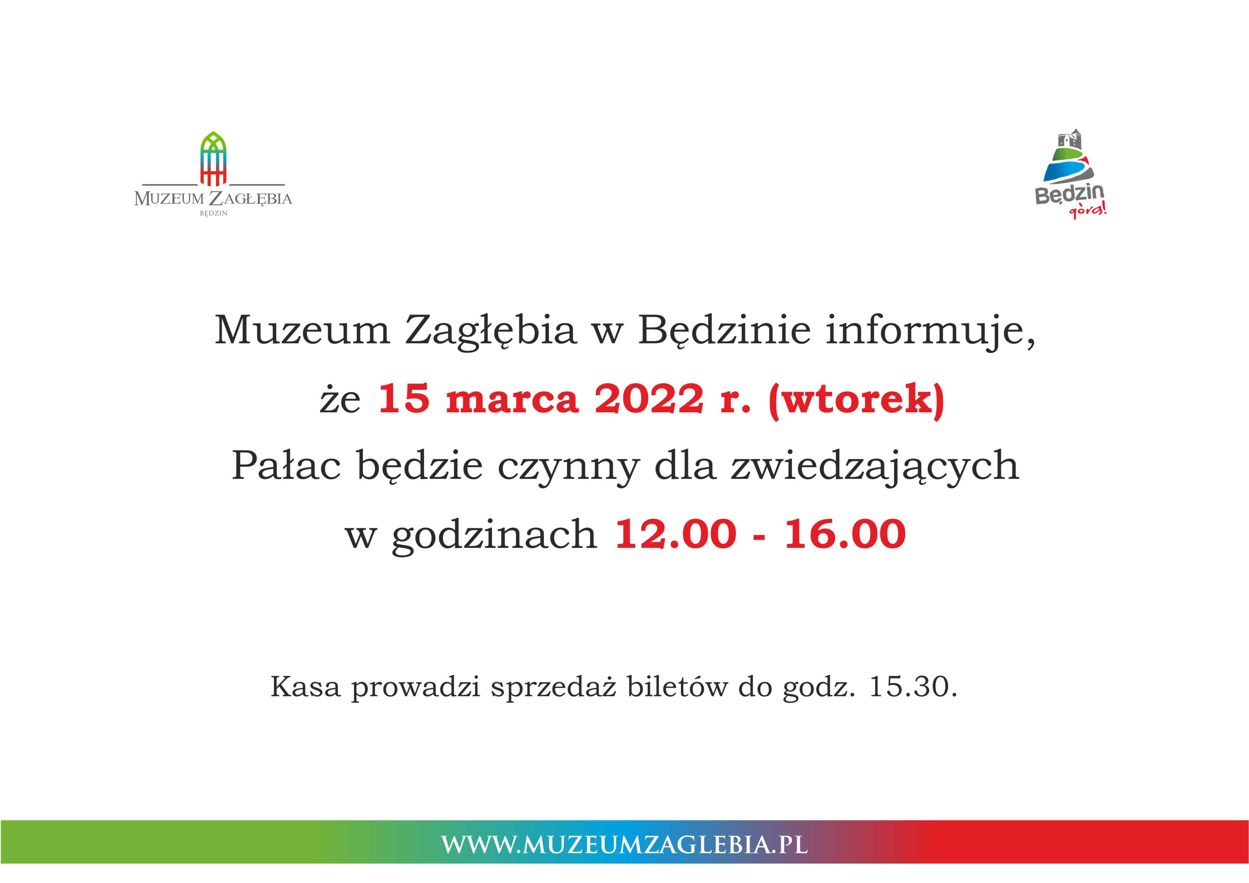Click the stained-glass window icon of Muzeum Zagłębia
pos(213,158)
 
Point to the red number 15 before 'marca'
pos(404,398)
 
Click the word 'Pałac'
pos(286,465)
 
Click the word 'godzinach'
pos(494,536)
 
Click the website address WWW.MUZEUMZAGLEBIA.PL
pos(625,845)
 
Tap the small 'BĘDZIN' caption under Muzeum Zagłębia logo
pos(213,213)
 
